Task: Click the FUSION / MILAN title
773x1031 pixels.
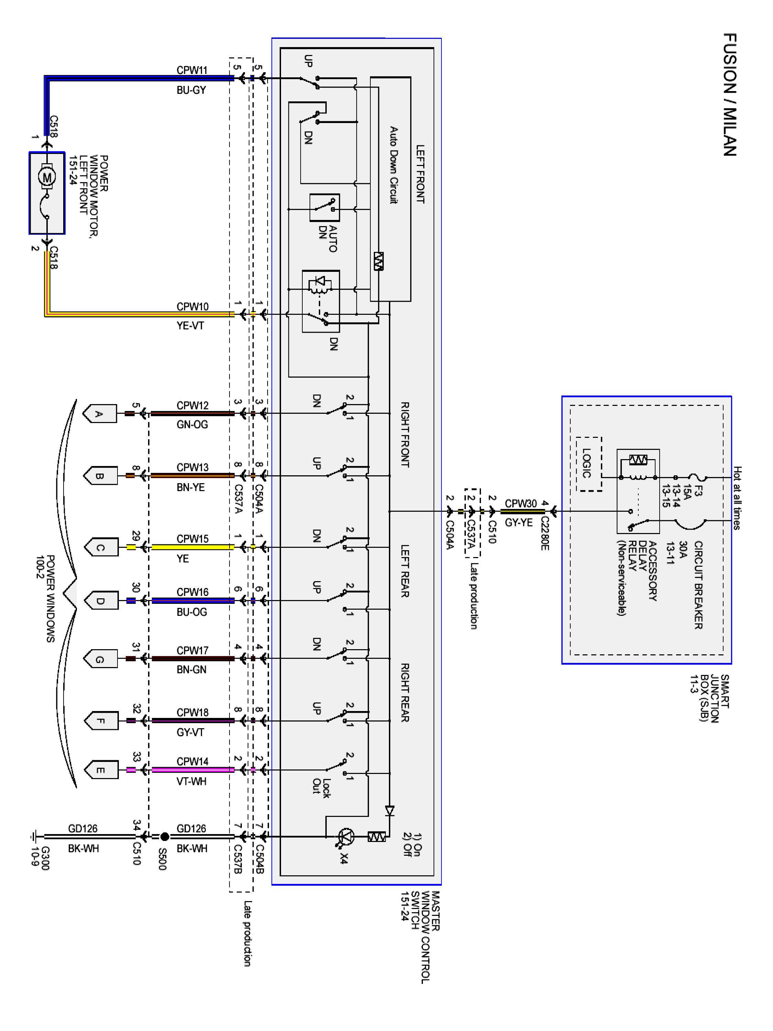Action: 730,94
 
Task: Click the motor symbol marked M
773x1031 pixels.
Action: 47,177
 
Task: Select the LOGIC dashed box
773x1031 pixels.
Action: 589,464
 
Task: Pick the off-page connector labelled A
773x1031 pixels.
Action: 99,413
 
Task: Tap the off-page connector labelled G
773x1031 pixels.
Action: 100,658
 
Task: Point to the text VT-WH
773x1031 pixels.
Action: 191,781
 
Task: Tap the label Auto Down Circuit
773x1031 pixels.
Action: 394,165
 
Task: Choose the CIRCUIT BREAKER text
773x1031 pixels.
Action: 698,585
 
